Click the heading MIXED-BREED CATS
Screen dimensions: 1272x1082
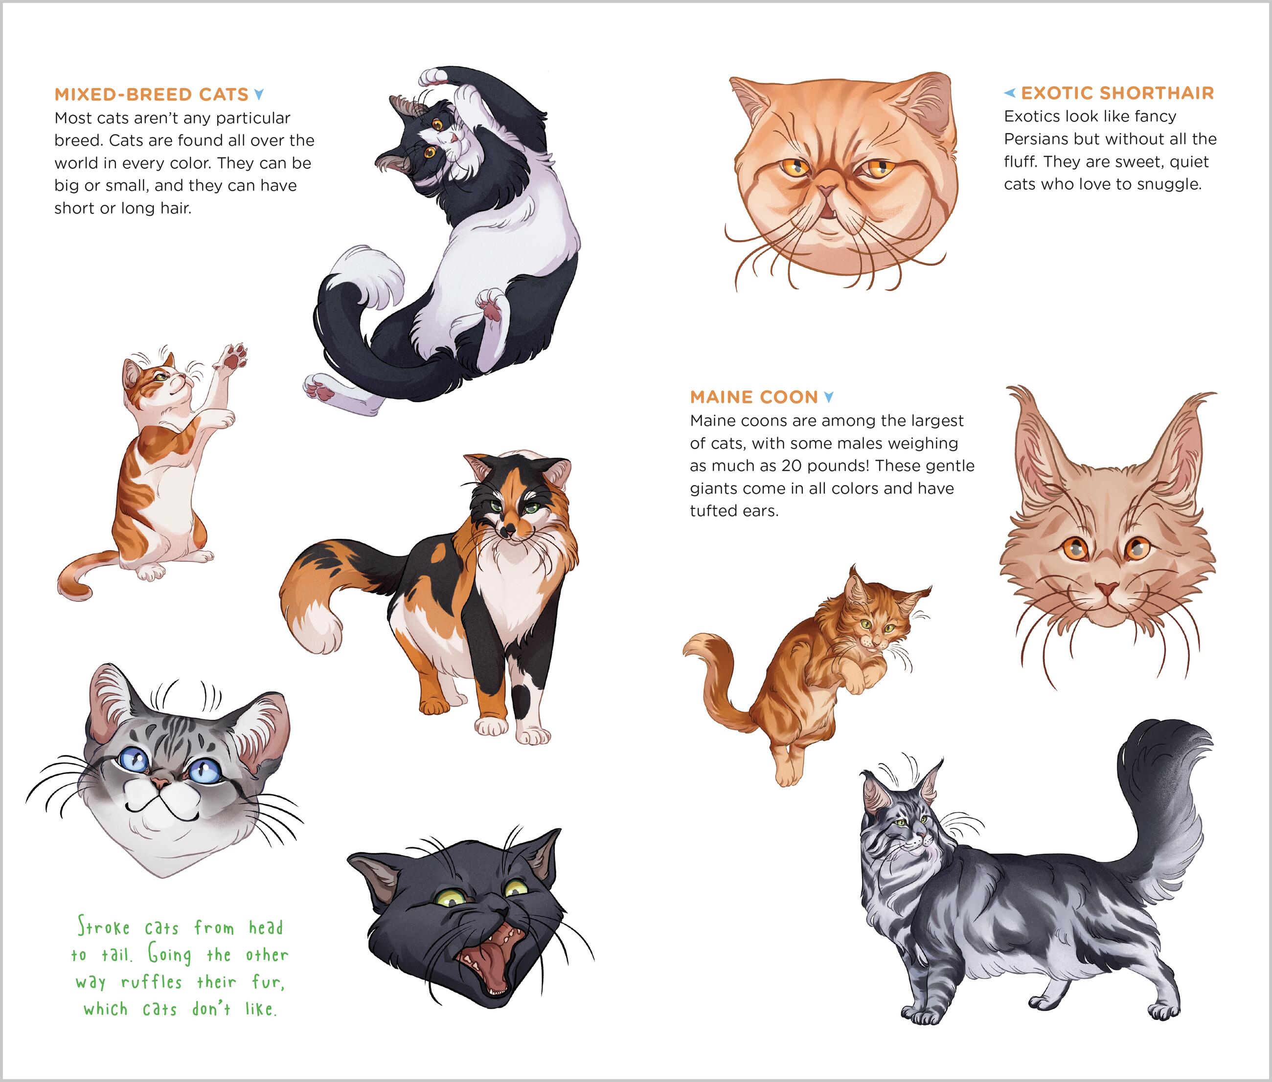(151, 94)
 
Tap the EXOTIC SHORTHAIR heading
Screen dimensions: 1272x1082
(1117, 93)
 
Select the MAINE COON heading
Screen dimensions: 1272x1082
(753, 397)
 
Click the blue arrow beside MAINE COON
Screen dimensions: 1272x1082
(828, 397)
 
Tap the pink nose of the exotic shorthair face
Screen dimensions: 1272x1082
(826, 191)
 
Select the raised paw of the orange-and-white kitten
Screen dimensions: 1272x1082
(232, 357)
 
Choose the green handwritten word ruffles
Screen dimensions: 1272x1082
(151, 981)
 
